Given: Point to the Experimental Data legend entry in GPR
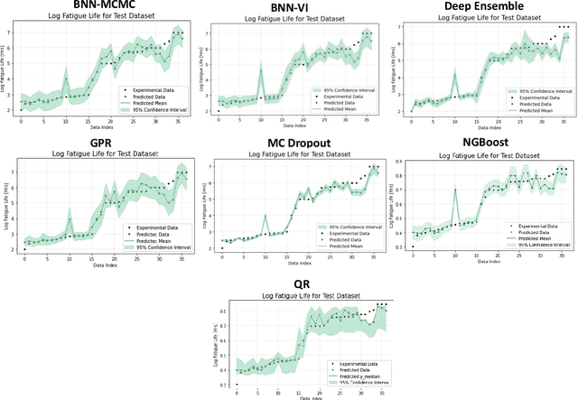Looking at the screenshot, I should coord(149,232).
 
